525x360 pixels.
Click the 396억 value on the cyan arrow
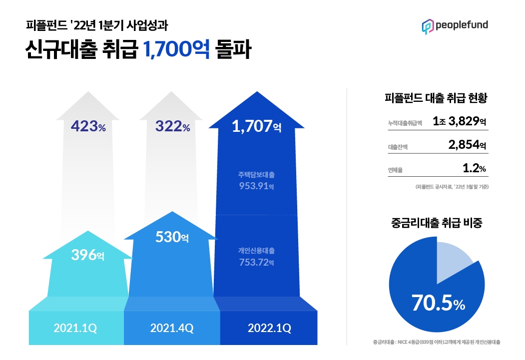(x=88, y=256)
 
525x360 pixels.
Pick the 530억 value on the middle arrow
(x=172, y=237)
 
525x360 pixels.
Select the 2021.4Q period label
(x=172, y=328)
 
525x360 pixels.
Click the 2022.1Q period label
(x=269, y=328)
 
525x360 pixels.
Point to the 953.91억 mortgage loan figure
(x=256, y=187)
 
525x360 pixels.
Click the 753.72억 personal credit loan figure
(x=256, y=262)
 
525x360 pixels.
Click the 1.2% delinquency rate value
(x=474, y=169)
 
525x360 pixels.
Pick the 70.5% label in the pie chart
(x=438, y=303)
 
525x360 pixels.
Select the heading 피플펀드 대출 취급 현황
(x=436, y=98)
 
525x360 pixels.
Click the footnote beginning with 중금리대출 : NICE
(x=437, y=343)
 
